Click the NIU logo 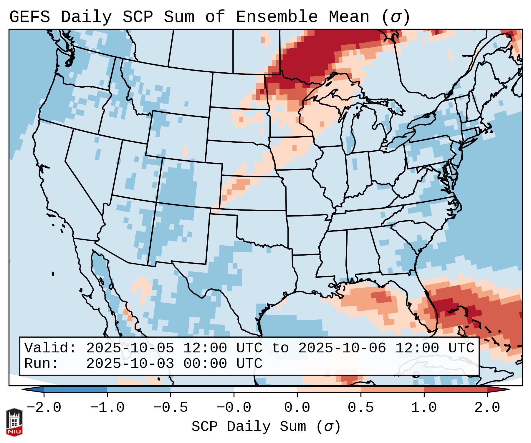pyautogui.click(x=14, y=422)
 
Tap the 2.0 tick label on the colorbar pyautogui.click(x=487, y=407)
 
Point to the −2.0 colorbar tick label pyautogui.click(x=44, y=407)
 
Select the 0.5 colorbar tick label pyautogui.click(x=360, y=407)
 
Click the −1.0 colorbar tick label pyautogui.click(x=107, y=407)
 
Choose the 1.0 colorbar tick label pyautogui.click(x=424, y=407)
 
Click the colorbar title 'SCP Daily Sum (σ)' pyautogui.click(x=266, y=427)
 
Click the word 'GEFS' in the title pyautogui.click(x=29, y=17)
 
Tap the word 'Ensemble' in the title pyautogui.click(x=277, y=17)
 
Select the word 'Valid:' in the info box pyautogui.click(x=50, y=348)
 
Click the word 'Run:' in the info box pyautogui.click(x=42, y=364)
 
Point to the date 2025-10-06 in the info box pyautogui.click(x=342, y=348)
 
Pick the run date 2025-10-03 pyautogui.click(x=130, y=364)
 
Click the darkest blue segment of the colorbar pyautogui.click(x=75, y=389)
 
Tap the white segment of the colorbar pyautogui.click(x=265, y=389)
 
